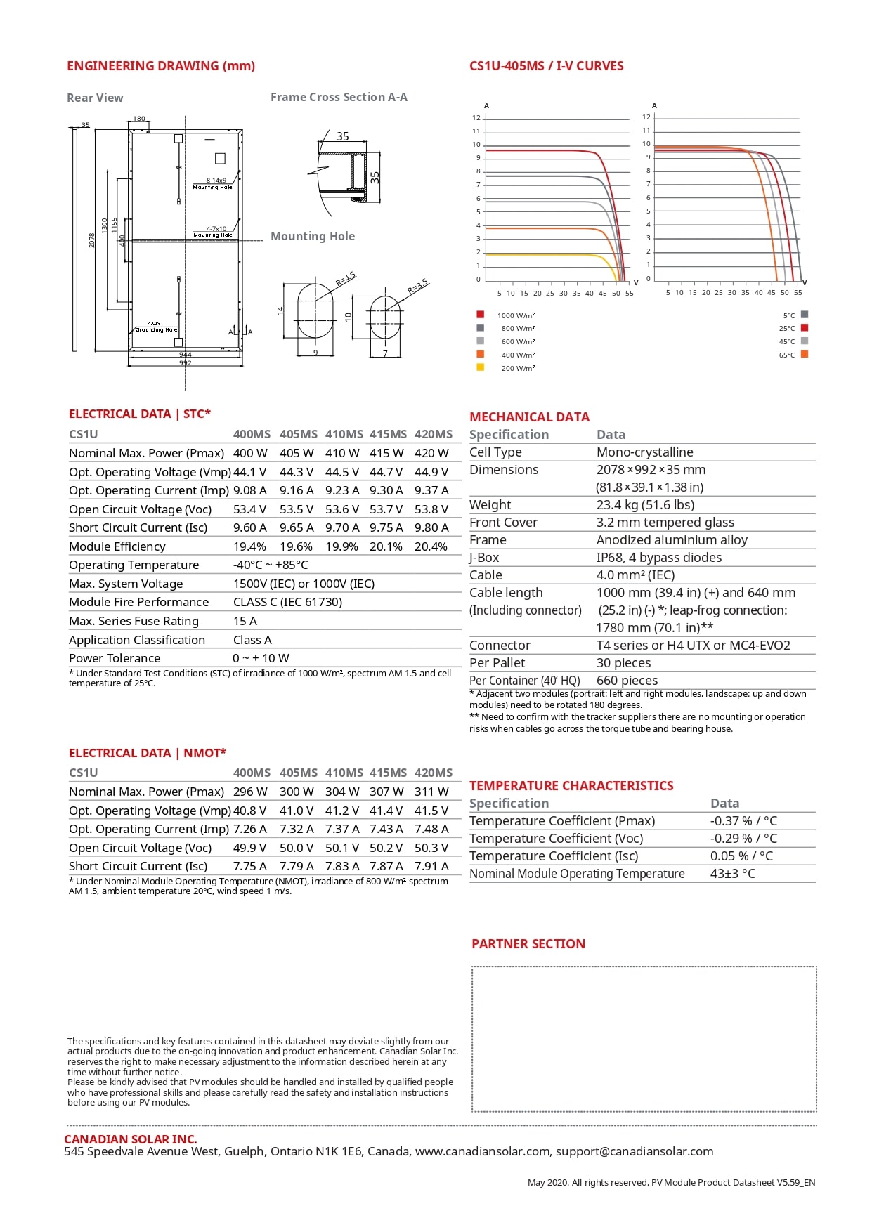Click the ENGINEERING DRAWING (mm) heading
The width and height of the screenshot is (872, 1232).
pos(161,66)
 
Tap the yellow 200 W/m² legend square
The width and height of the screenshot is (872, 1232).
pos(481,367)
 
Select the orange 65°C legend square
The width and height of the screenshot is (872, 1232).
pos(805,354)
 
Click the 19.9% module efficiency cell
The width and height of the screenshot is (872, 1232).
pos(341,546)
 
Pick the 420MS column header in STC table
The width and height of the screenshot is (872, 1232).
pos(433,434)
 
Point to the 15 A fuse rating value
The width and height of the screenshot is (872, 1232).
pos(245,621)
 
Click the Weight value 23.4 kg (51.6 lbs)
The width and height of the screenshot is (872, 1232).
pos(645,505)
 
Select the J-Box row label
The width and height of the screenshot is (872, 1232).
pos(484,558)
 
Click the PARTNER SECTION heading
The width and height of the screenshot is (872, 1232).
pos(528,944)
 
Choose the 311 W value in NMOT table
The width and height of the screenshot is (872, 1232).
pos(431,792)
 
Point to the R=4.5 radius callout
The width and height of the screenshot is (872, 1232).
pos(345,280)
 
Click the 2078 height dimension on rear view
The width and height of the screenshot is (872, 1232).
pos(92,240)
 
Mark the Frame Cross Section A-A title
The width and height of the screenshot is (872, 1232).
pos(339,97)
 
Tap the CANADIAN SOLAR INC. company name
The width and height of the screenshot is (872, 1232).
pos(131,1139)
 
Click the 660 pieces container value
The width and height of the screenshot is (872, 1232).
pos(627,681)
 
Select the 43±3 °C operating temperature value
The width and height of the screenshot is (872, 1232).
pos(732,874)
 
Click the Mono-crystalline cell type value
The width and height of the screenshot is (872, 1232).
pos(644,452)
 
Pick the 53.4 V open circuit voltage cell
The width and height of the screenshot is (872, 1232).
pos(249,509)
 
